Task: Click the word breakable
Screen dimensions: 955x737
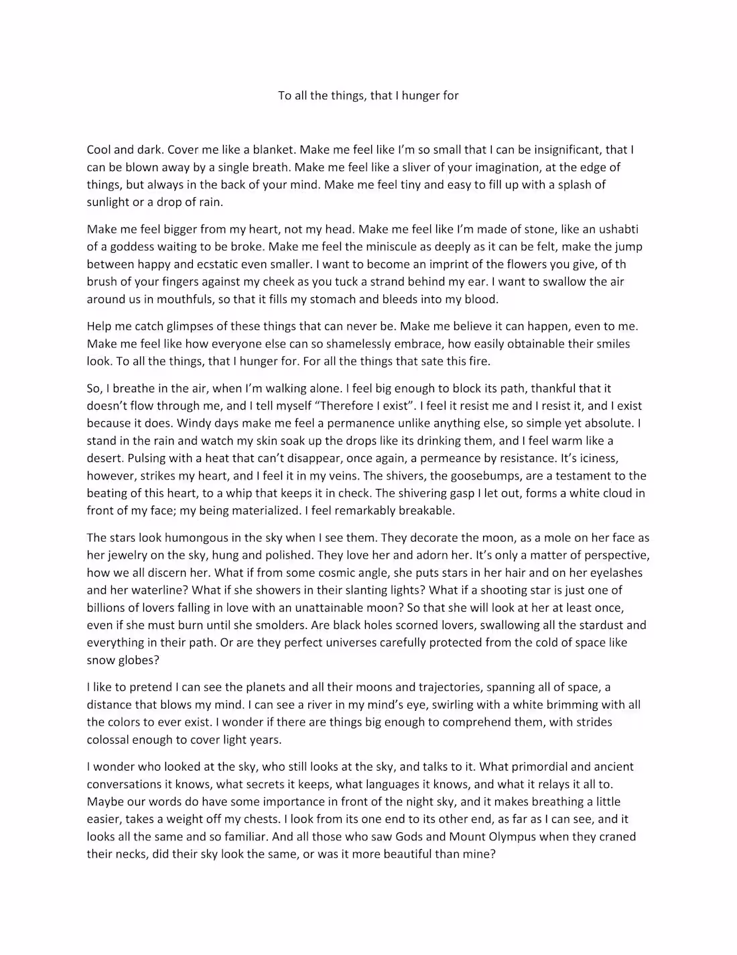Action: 423,510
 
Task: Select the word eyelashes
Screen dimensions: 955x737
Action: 612,573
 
